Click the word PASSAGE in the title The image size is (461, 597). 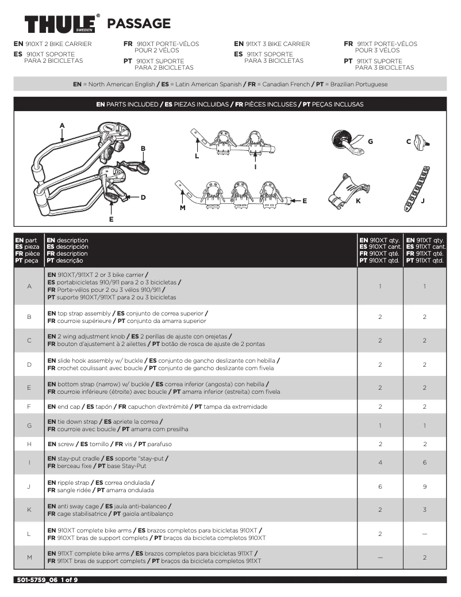(x=139, y=24)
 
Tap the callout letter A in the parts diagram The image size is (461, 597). (x=62, y=125)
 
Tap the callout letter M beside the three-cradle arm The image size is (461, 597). (x=183, y=207)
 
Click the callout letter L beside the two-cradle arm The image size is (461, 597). (x=197, y=156)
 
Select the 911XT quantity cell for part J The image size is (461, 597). (x=424, y=486)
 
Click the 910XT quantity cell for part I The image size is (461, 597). (x=380, y=462)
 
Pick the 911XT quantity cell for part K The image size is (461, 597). (x=424, y=510)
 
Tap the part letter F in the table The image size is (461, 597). (x=29, y=406)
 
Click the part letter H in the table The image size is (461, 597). (x=29, y=444)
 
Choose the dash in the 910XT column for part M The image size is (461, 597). (x=380, y=557)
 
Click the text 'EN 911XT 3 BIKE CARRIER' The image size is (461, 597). (x=272, y=44)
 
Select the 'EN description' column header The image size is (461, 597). (x=68, y=241)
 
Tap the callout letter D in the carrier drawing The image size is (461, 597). (x=143, y=197)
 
